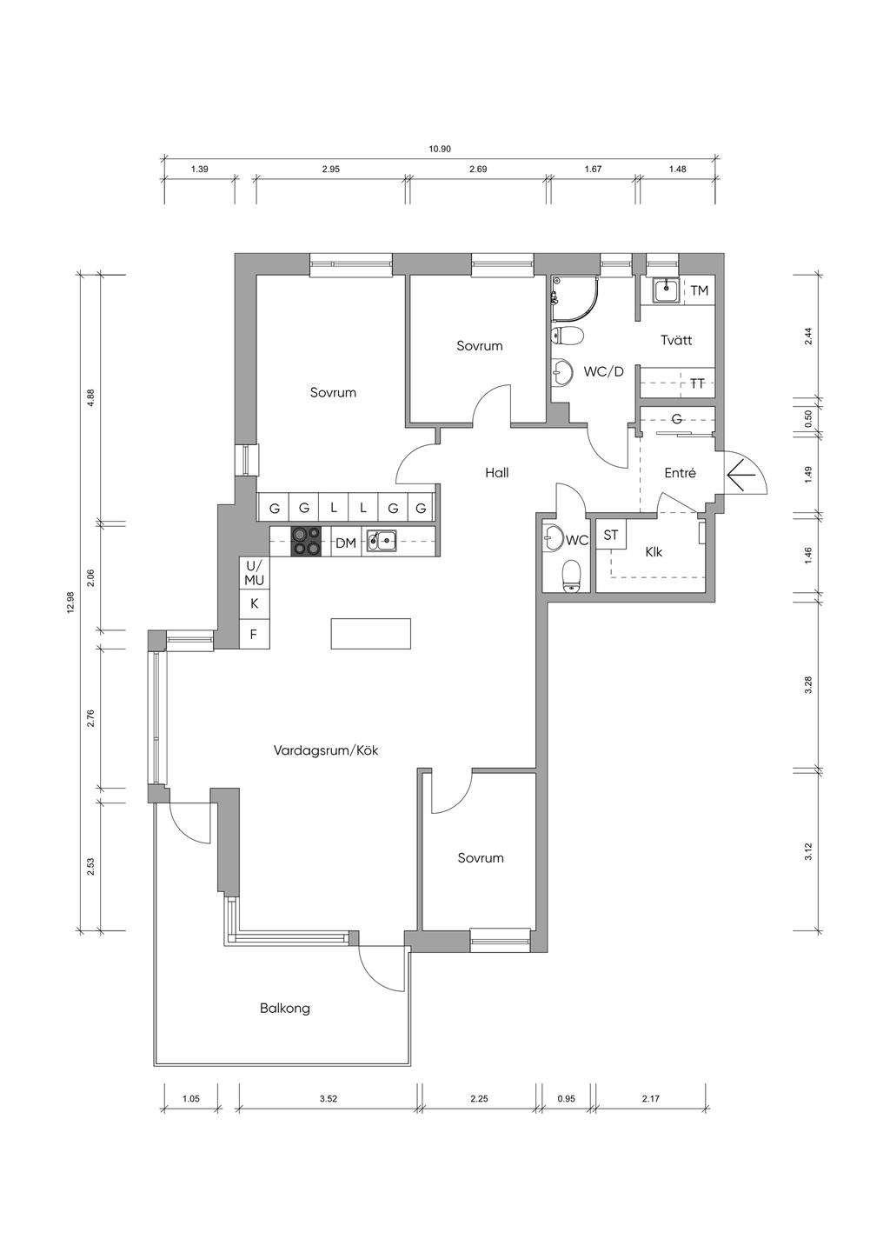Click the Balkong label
click(x=285, y=1008)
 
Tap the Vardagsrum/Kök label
click(x=326, y=750)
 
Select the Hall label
click(x=497, y=473)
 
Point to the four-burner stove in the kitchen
click(x=306, y=542)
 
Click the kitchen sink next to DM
click(x=382, y=542)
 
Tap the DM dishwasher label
click(x=346, y=543)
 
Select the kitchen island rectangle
click(x=371, y=634)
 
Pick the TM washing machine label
click(x=700, y=290)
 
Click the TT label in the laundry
click(x=697, y=384)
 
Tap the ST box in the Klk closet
click(x=611, y=535)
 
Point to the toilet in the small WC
click(x=571, y=576)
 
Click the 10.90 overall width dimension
click(x=440, y=149)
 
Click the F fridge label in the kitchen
click(x=254, y=635)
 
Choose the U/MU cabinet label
click(x=254, y=572)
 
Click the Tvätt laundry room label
click(x=676, y=340)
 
